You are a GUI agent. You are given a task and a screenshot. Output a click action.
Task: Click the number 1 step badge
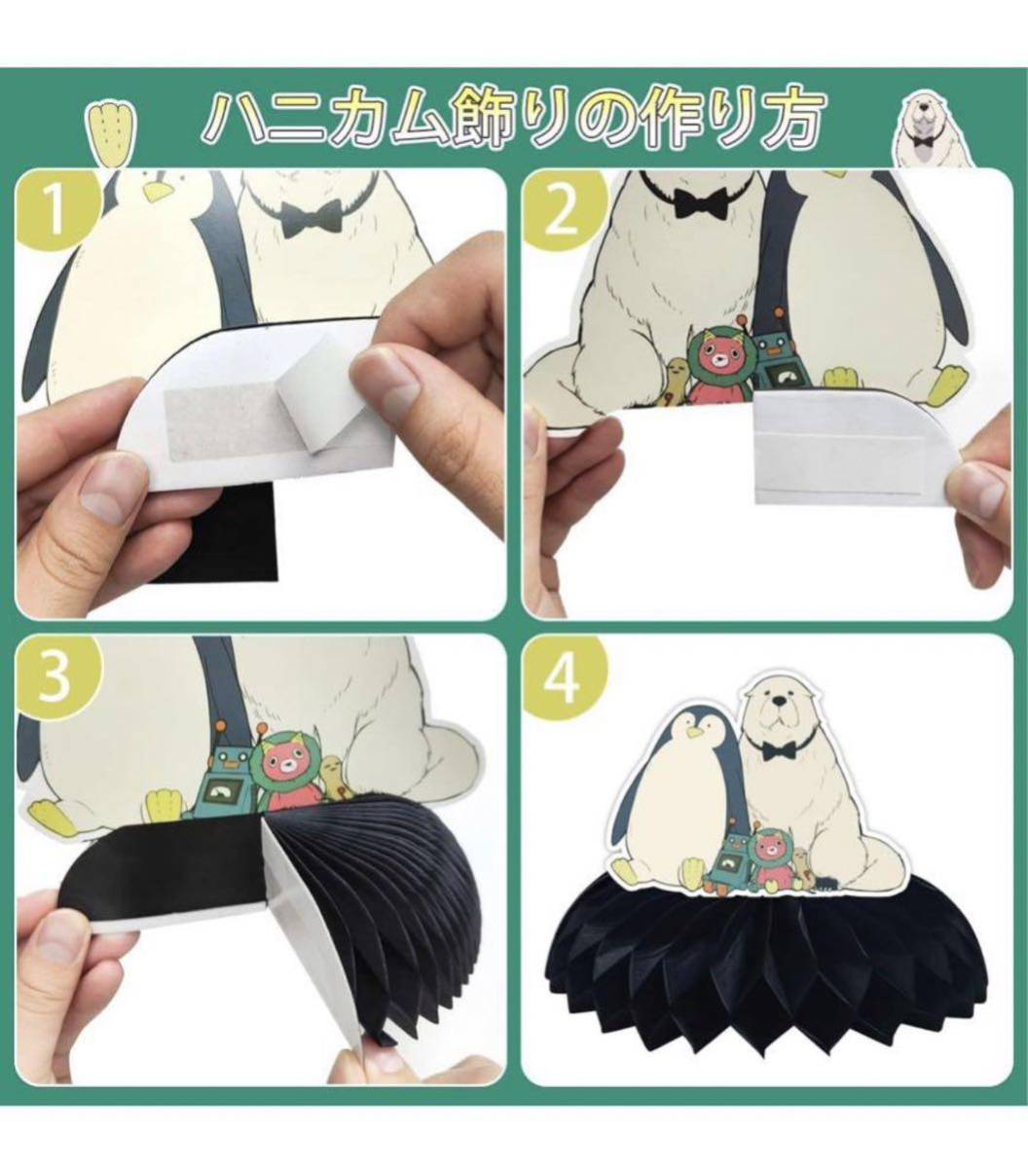tap(55, 210)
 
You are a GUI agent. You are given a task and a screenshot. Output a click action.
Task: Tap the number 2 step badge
tap(561, 210)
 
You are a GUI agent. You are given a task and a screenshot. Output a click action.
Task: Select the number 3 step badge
tap(55, 674)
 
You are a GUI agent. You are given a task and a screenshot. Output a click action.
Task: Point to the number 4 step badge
tap(561, 674)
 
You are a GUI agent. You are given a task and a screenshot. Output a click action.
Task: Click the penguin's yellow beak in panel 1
tap(158, 190)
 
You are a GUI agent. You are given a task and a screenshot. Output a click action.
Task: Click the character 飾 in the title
tap(491, 121)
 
